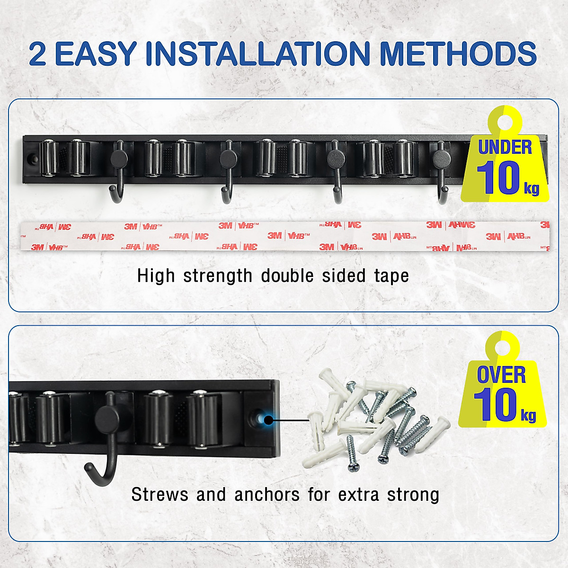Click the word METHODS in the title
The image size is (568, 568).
458,53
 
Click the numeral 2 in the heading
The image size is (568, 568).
38,54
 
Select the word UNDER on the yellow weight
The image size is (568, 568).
505,147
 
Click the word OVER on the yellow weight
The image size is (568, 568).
501,375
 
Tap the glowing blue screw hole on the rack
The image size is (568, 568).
268,420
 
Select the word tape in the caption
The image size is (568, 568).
391,276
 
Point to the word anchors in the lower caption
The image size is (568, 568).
267,495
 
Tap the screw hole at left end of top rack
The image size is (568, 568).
32,158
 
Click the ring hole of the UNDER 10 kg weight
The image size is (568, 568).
505,122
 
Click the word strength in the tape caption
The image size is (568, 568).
218,276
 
